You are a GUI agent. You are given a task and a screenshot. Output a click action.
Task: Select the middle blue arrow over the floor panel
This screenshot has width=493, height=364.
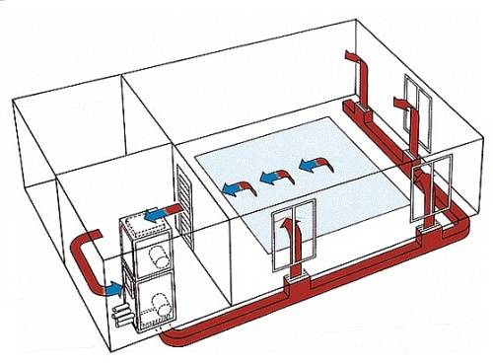pyautogui.click(x=273, y=179)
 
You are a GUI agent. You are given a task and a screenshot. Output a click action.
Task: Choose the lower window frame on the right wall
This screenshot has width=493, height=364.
pyautogui.click(x=434, y=187)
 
